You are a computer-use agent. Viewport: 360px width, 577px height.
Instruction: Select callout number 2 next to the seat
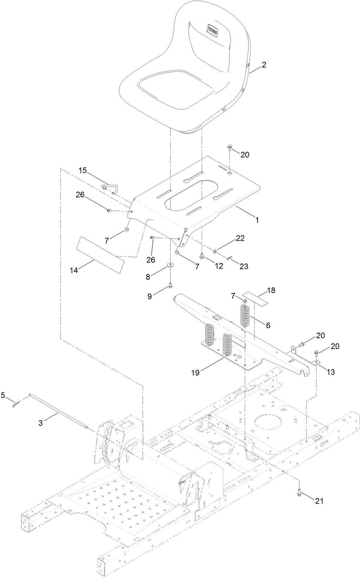[264, 65]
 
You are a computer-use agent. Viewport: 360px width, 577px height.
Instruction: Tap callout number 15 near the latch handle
[82, 170]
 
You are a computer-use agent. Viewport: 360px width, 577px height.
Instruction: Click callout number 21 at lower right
[319, 501]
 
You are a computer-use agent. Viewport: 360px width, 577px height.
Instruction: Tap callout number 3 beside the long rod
[40, 423]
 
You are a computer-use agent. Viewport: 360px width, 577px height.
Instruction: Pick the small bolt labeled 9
[171, 286]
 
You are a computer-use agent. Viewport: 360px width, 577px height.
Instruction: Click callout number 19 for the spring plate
[195, 373]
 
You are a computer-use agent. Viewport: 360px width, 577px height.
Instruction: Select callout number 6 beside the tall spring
[268, 325]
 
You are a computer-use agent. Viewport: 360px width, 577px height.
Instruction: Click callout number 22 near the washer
[240, 238]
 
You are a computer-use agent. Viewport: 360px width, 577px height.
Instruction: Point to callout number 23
[244, 266]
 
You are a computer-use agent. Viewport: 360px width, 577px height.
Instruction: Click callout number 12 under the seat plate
[219, 266]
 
